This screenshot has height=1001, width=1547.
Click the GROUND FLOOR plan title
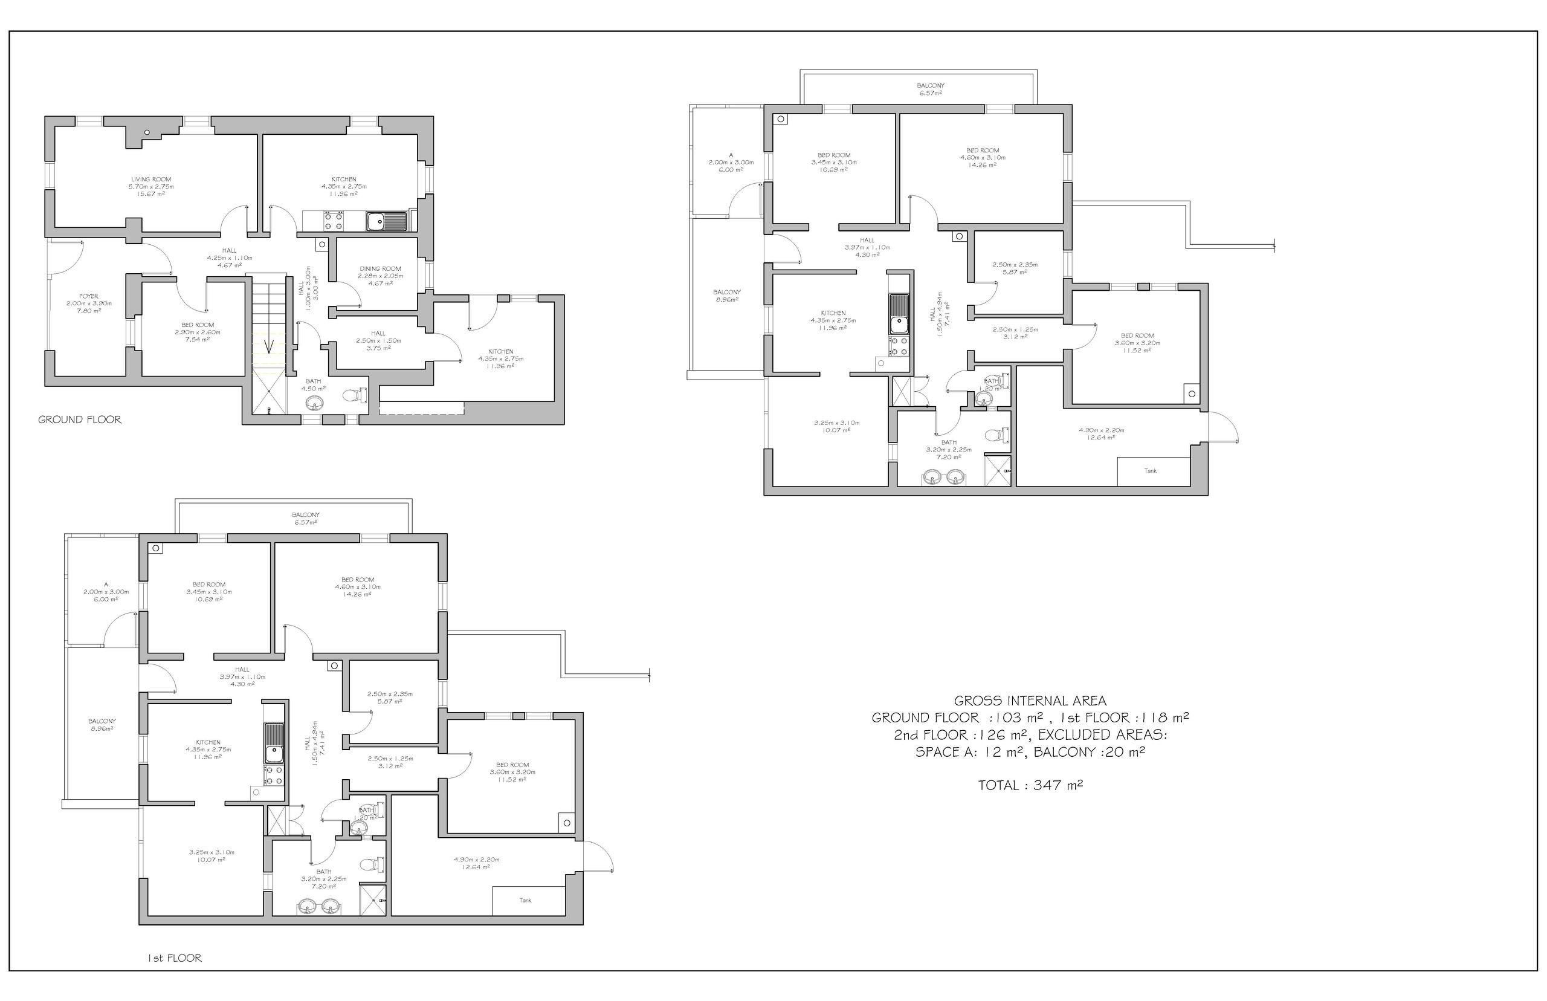coord(79,420)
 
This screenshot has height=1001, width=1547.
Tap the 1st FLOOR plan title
coord(174,958)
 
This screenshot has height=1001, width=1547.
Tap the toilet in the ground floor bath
coord(353,395)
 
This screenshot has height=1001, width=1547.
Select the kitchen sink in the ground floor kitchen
coord(386,222)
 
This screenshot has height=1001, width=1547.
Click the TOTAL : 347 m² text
coord(1030,785)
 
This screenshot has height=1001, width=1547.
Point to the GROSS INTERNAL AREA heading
coord(1030,701)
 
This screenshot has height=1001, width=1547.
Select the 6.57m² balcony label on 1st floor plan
coord(305,518)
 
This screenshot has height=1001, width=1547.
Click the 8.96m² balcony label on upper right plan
coord(726,296)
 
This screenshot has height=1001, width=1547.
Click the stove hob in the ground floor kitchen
coord(334,222)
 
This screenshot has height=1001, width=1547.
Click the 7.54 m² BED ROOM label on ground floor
coord(198,332)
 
